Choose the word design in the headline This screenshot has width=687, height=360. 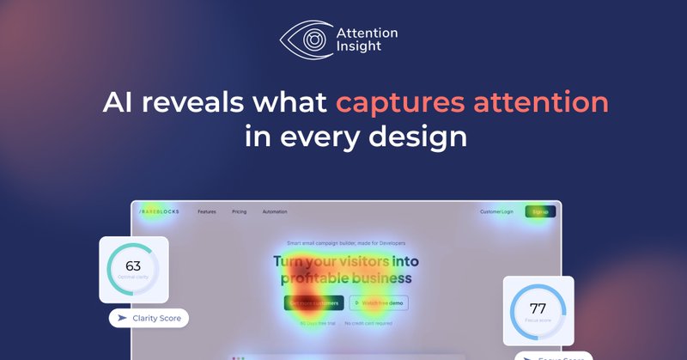coord(425,137)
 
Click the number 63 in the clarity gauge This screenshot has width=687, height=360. coord(133,266)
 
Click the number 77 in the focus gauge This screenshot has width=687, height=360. coord(538,308)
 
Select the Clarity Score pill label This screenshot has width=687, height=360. coord(156,319)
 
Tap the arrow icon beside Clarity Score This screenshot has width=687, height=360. coord(122,319)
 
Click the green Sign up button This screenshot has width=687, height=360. coord(540,211)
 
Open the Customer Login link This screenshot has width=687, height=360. coord(496,211)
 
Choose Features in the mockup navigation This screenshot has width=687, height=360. coord(207,211)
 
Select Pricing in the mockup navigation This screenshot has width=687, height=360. coord(239,211)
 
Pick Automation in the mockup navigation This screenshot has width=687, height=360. coord(275,211)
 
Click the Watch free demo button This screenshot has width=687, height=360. coord(379,302)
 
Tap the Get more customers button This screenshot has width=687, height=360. coord(313,302)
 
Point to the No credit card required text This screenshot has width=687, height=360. coord(368,324)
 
